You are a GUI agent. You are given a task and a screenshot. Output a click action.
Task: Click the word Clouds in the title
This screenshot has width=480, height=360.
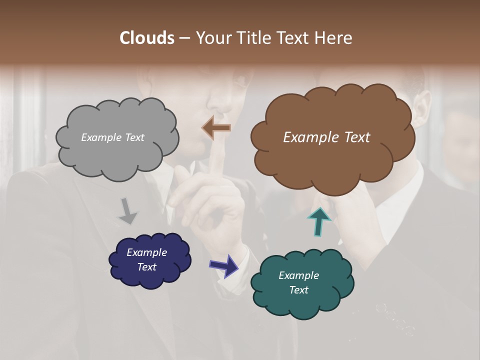pos(146,38)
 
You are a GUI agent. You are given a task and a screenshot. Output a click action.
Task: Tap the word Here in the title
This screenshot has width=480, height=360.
pos(334,38)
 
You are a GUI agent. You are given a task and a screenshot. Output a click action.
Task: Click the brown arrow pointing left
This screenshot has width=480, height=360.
pos(216,128)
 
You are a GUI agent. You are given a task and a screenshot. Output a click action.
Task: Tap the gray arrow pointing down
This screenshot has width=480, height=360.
pos(128,210)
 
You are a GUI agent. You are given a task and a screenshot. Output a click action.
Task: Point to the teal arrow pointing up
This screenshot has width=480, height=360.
pos(319,221)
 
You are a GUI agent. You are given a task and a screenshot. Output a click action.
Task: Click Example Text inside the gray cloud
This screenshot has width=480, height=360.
pos(112,137)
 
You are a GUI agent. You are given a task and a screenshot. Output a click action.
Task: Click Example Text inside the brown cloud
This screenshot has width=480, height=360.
pos(326,137)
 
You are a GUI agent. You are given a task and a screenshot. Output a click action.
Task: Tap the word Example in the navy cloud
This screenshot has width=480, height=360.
pos(146,252)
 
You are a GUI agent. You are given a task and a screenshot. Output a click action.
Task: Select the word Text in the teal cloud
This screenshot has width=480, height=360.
pos(298,290)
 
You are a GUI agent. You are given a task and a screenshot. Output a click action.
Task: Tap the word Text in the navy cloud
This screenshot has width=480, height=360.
pos(146,267)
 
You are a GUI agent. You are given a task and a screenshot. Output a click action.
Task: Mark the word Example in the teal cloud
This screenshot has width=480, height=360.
pos(298,275)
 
